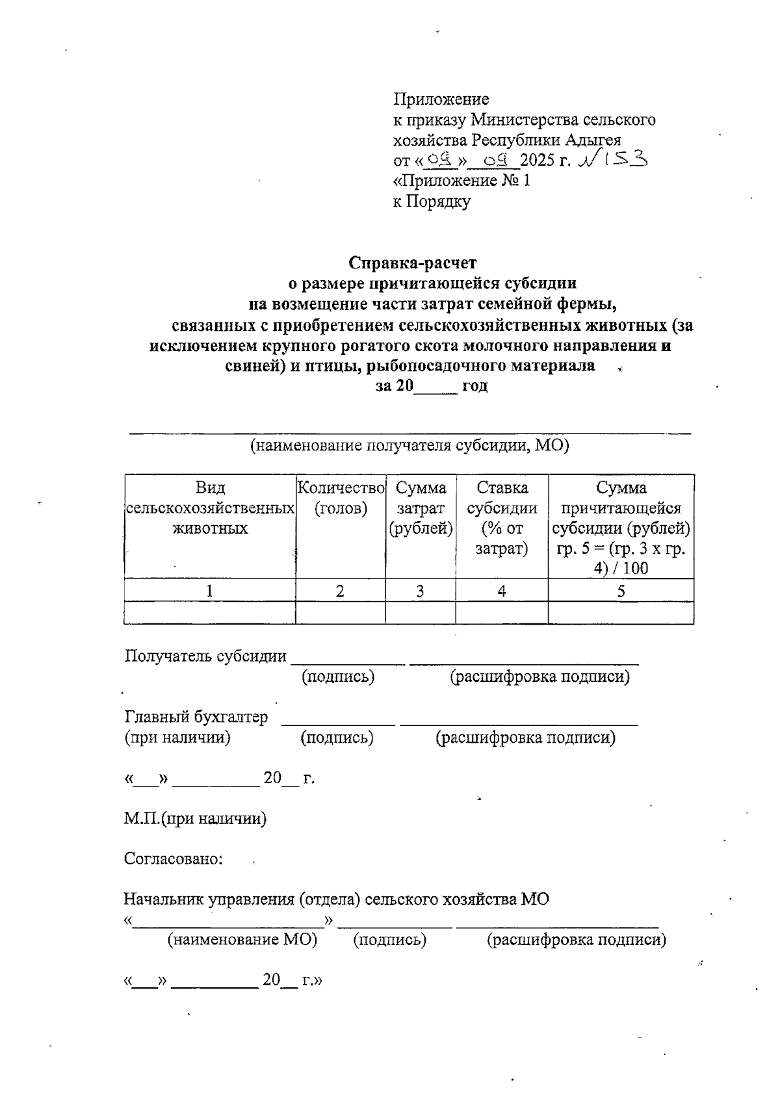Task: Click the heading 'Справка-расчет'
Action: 412,263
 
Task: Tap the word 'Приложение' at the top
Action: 441,99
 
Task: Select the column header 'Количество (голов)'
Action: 341,498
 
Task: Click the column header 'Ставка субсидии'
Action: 502,498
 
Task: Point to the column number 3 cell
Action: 420,591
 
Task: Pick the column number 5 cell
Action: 621,591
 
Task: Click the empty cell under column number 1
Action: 209,613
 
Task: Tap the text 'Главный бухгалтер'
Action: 196,717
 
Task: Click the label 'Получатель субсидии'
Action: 205,656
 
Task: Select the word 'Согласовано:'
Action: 174,859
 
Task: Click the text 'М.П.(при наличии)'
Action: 195,818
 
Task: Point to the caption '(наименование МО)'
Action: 242,939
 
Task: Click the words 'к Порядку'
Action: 432,201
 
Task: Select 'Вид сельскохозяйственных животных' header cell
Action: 209,508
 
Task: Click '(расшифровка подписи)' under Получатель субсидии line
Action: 540,677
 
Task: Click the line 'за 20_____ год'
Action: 432,385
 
